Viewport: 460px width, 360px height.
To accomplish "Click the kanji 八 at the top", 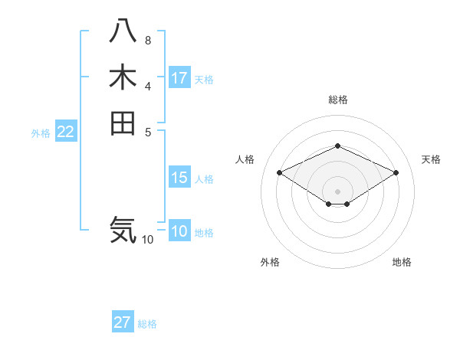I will click(123, 33).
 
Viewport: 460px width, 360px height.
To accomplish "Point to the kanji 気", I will click(123, 229).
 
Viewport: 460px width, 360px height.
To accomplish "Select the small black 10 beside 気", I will click(147, 240).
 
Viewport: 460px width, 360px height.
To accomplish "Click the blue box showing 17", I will click(179, 78).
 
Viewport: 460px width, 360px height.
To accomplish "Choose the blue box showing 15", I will click(179, 178).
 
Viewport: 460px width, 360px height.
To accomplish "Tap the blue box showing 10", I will click(179, 232).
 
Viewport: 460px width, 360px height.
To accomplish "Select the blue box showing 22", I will click(66, 132).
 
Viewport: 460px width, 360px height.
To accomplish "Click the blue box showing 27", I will click(123, 322).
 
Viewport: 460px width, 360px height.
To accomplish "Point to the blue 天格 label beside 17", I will click(204, 79).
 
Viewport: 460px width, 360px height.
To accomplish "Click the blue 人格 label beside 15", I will click(204, 179).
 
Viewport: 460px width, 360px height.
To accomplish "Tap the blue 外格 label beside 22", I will click(41, 133).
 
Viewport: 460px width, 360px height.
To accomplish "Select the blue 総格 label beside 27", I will click(147, 323).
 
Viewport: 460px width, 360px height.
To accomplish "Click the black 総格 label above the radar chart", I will click(337, 100).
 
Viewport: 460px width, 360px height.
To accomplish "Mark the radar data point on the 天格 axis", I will click(396, 172).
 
